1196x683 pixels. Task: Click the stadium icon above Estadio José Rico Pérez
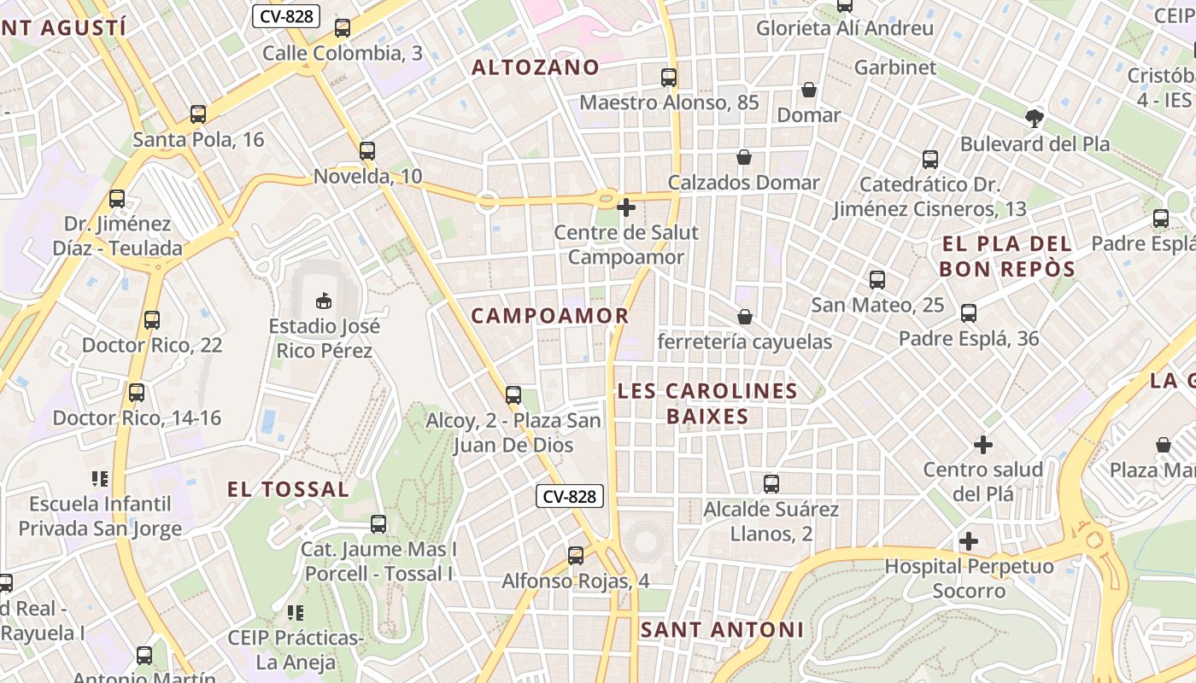(323, 301)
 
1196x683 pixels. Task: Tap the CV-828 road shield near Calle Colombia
(285, 15)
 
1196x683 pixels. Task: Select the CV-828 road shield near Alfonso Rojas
(570, 496)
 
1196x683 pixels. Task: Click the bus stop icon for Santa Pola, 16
(198, 114)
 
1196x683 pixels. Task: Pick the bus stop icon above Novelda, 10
(367, 151)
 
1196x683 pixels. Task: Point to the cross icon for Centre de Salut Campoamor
(626, 207)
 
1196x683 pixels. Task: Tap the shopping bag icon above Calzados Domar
(744, 157)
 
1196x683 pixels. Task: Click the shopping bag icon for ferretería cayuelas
(745, 317)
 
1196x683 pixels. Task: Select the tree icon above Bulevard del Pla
(1035, 118)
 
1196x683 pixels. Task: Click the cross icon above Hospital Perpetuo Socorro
(968, 541)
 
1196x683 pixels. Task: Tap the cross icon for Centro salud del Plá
(983, 445)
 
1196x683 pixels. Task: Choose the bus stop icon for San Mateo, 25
(877, 280)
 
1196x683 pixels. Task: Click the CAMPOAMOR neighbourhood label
(549, 316)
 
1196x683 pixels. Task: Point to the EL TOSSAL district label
(288, 489)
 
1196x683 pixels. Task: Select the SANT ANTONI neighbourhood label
(722, 630)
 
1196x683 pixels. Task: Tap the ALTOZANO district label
(536, 67)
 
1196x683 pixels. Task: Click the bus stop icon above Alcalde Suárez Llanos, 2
(771, 484)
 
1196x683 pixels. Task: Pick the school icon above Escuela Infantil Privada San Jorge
(100, 479)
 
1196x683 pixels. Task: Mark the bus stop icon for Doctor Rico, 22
(152, 320)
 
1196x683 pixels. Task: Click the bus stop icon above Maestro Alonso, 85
(669, 78)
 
